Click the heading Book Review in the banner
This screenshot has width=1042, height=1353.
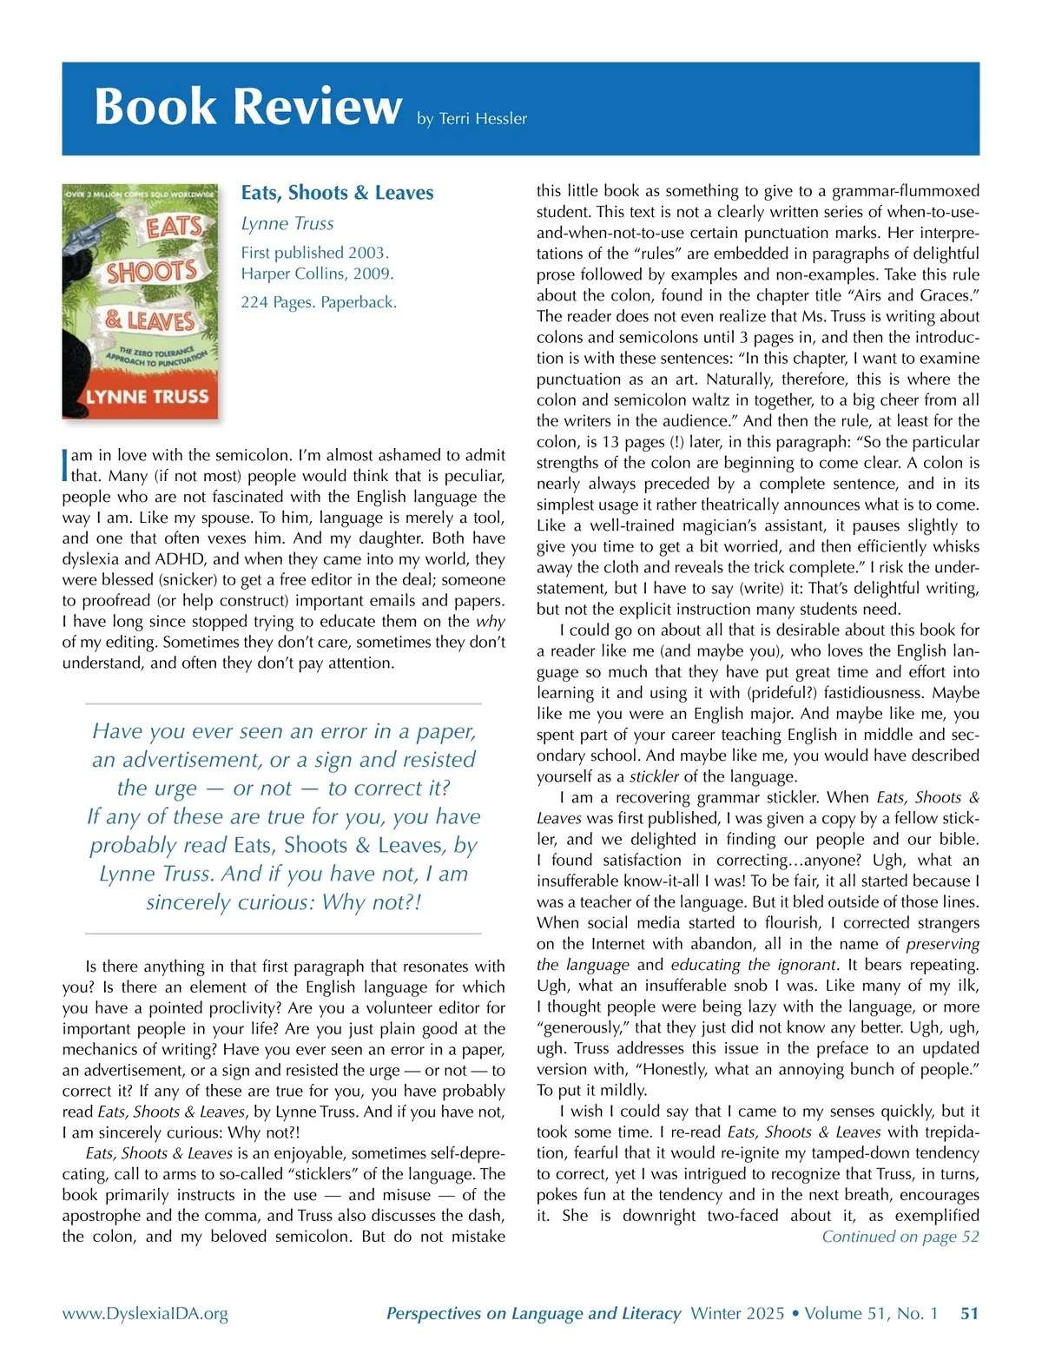(x=247, y=107)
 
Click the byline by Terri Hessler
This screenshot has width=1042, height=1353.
(x=472, y=119)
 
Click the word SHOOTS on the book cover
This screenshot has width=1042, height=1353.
(x=151, y=272)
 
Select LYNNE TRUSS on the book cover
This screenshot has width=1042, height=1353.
(x=147, y=397)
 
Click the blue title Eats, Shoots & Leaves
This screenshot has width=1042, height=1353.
(x=337, y=193)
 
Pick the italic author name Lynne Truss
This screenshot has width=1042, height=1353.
(x=287, y=224)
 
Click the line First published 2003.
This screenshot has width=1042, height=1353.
(x=314, y=253)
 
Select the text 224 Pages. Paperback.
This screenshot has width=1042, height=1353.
(x=319, y=302)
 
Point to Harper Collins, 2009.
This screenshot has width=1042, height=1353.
(x=317, y=274)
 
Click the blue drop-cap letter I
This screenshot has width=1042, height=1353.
(x=65, y=465)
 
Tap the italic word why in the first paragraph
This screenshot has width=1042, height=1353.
(x=490, y=622)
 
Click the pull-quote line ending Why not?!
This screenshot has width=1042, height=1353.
(x=283, y=902)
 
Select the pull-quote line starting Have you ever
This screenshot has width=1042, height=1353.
(x=283, y=731)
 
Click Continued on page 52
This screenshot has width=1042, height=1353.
(x=900, y=1237)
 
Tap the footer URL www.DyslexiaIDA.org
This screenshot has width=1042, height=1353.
(x=145, y=1314)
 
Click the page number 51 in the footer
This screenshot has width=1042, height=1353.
(x=969, y=1314)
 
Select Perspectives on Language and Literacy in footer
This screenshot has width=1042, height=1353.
(x=533, y=1314)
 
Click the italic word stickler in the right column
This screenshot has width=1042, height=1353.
(x=654, y=776)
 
